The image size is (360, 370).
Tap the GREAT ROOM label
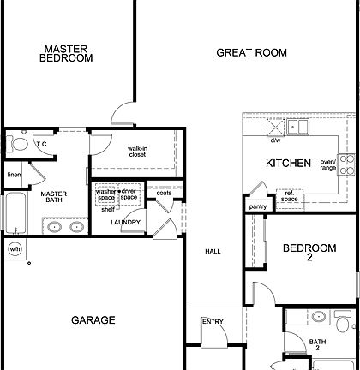coord(250,53)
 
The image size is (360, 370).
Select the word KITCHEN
coord(287,163)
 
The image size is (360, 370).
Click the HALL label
coord(213,252)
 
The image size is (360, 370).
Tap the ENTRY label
coord(213,322)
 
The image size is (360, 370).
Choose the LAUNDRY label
coord(125,223)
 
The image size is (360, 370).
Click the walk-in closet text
coord(138,152)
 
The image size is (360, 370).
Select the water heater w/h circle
coord(15,249)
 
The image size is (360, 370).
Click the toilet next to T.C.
coord(18,143)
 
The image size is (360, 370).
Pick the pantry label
coord(256,206)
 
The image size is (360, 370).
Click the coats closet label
coord(164,193)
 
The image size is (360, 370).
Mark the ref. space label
coord(290,199)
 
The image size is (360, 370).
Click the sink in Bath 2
coord(319,318)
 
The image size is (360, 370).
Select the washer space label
coord(105,194)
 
